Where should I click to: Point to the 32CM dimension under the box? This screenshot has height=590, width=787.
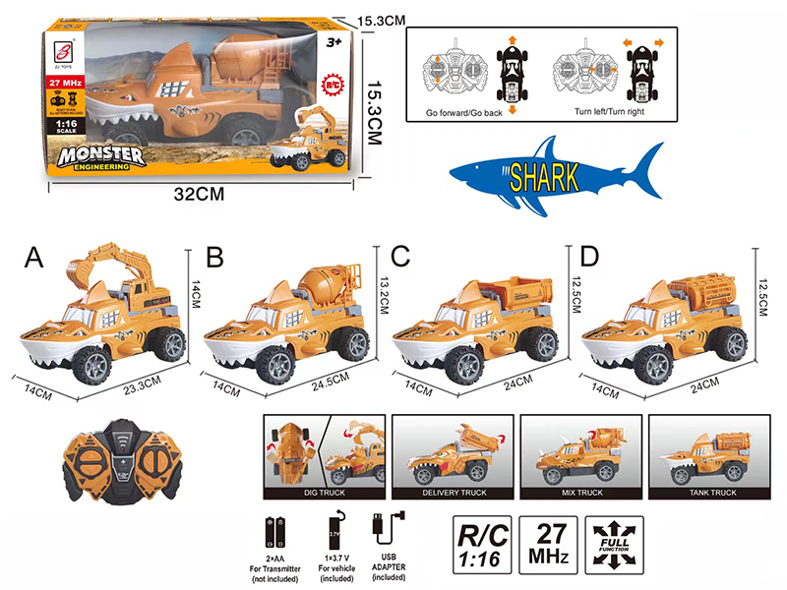pyautogui.click(x=193, y=194)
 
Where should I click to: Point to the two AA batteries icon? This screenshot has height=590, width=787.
pyautogui.click(x=274, y=535)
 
